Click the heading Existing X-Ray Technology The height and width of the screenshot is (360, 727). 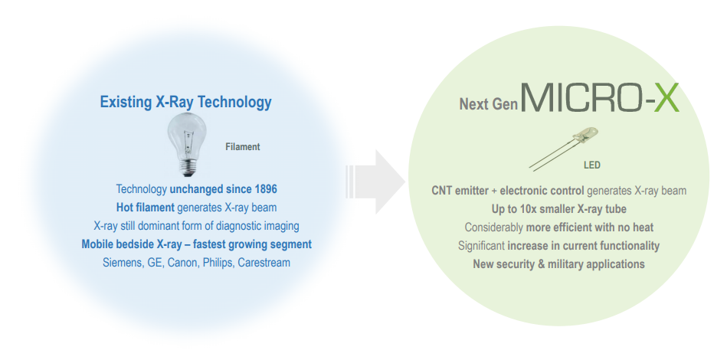click(185, 103)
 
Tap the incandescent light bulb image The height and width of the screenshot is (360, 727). click(186, 145)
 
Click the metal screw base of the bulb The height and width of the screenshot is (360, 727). click(188, 169)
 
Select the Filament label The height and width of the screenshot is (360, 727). click(243, 147)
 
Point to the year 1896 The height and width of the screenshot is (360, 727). click(266, 189)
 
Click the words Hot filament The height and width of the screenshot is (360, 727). click(145, 208)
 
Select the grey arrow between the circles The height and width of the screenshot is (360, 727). click(375, 182)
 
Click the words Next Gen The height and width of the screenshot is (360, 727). click(488, 104)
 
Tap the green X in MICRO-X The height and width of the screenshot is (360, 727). click(666, 97)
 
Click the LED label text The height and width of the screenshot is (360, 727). click(591, 165)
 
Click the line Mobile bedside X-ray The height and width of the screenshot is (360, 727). click(197, 244)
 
